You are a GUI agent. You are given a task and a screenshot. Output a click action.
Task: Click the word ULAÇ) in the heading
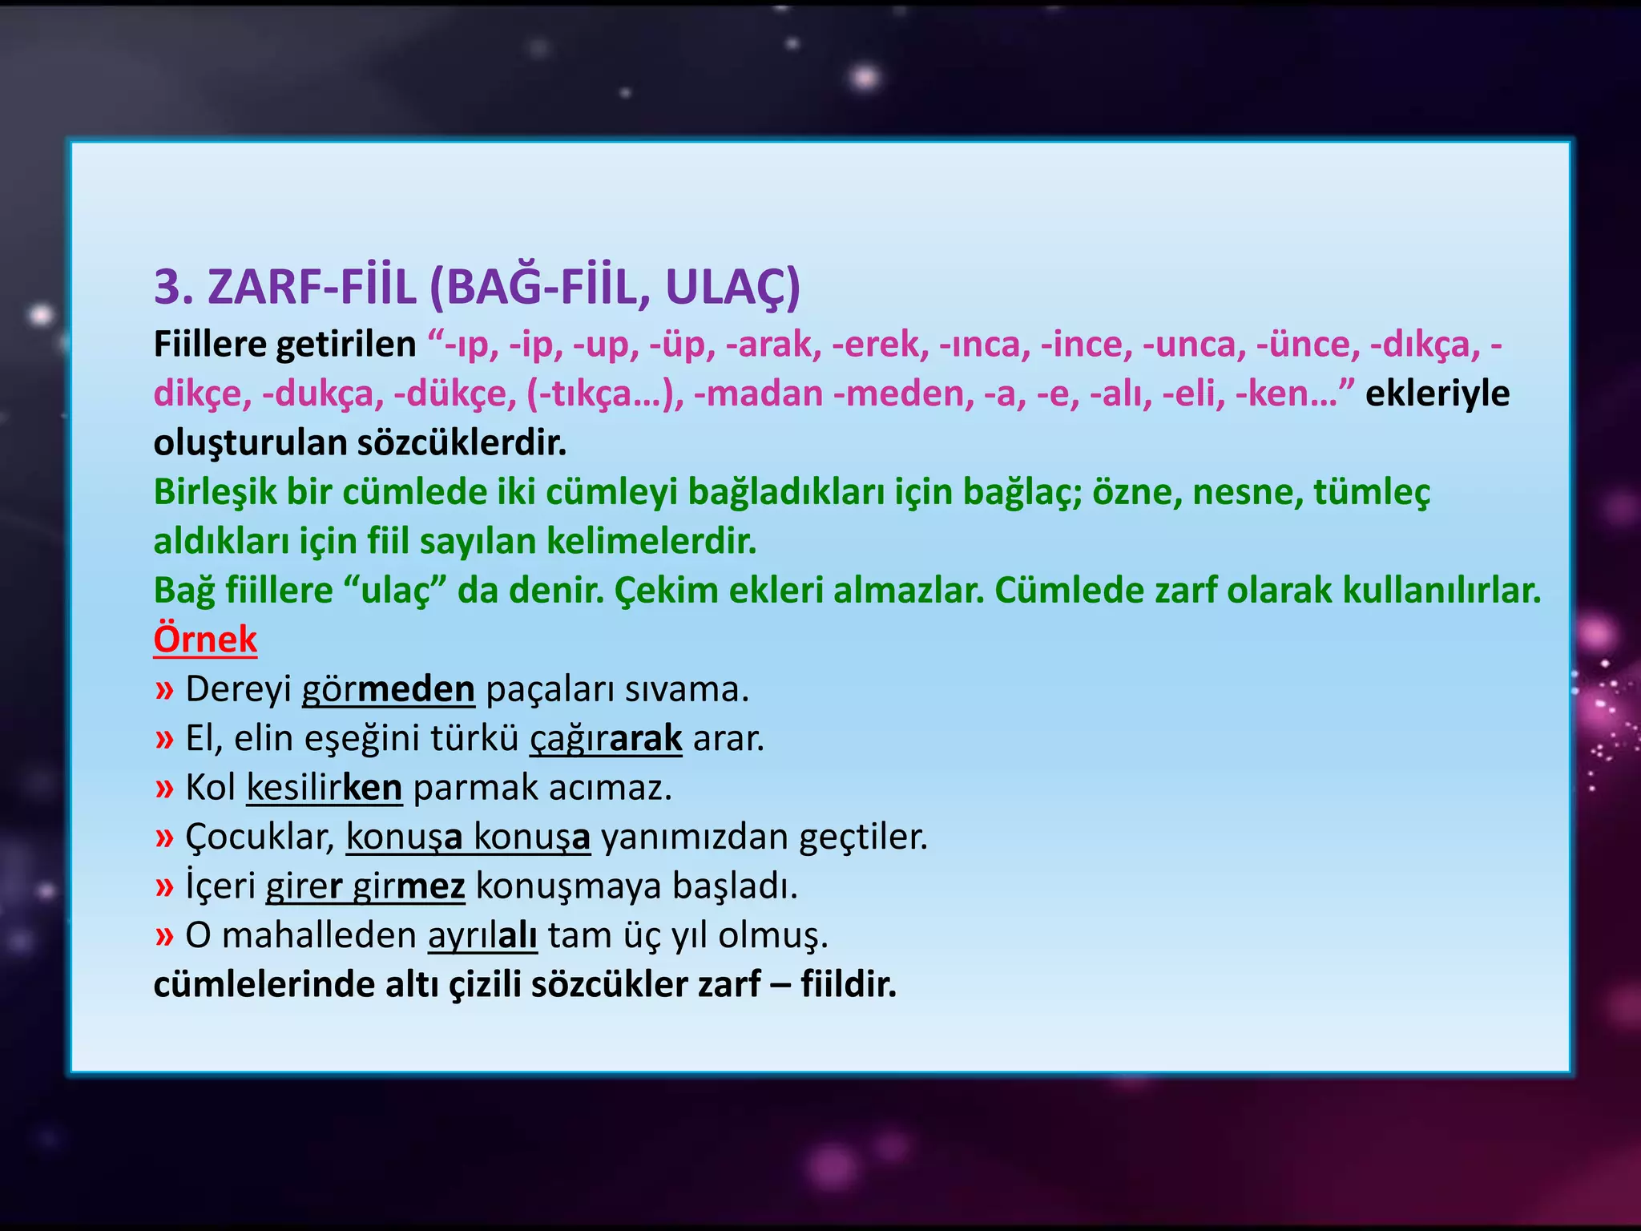(x=732, y=287)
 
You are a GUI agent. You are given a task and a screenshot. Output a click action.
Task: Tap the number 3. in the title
(x=174, y=287)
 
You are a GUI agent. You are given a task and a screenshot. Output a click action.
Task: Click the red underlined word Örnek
(x=205, y=640)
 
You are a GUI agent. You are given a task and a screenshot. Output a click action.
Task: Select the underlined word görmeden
(x=389, y=689)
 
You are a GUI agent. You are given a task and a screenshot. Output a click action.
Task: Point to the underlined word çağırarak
(x=606, y=738)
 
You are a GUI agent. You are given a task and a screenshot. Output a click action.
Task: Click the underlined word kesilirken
(x=324, y=788)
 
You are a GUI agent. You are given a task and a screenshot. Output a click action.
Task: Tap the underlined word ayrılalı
(x=482, y=935)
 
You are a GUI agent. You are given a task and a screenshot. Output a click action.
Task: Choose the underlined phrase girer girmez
(x=365, y=886)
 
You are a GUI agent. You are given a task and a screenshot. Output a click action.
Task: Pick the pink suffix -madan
(x=758, y=394)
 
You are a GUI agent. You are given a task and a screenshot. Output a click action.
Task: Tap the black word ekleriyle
(x=1437, y=394)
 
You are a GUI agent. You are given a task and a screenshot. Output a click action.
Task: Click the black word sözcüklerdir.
(x=462, y=443)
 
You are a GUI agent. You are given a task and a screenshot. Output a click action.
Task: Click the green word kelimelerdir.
(x=651, y=542)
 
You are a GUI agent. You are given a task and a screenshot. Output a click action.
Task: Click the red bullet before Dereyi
(x=164, y=690)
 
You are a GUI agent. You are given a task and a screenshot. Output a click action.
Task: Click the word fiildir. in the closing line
(x=849, y=985)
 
